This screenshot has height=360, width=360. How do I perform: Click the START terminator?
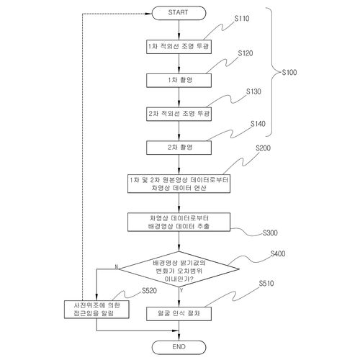tap(179, 13)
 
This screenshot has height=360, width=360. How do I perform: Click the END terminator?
tap(179, 347)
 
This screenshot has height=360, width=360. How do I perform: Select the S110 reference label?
tap(242, 19)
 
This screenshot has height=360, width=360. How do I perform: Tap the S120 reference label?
tap(246, 53)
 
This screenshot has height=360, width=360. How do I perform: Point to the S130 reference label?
tap(253, 91)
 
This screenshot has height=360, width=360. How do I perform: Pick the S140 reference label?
tap(258, 124)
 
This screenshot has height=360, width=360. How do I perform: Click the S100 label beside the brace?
tap(289, 72)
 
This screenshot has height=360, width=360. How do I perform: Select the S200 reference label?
tap(263, 148)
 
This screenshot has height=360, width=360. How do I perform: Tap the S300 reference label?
tap(270, 233)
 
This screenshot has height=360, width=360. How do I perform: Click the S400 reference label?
tap(278, 253)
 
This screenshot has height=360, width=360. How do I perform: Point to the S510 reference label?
tap(266, 284)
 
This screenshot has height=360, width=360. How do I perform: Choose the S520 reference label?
tap(149, 291)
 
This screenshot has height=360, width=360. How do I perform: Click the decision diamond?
tap(179, 269)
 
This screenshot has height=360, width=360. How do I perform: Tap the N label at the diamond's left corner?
tap(117, 267)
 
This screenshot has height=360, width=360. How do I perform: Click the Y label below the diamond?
tap(181, 290)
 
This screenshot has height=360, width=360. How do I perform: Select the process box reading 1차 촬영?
tap(179, 81)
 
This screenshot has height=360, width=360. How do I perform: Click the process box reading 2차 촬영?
tap(179, 148)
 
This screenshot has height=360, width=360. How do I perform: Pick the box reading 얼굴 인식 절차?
tap(179, 314)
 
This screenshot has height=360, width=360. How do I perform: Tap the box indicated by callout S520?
tap(96, 310)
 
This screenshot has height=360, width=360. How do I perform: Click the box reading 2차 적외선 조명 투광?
tap(179, 114)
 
